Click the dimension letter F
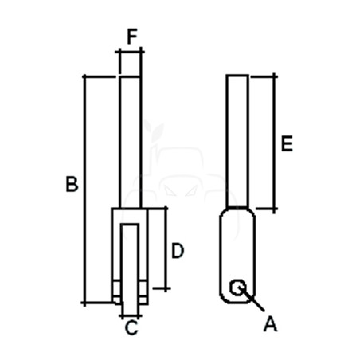[132, 37]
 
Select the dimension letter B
[72, 183]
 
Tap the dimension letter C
[131, 327]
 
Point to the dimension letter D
[178, 251]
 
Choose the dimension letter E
[287, 143]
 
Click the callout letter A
[270, 324]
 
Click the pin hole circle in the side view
[237, 288]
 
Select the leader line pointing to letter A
[252, 299]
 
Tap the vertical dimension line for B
[84, 190]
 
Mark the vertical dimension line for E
[274, 143]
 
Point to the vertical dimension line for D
[166, 248]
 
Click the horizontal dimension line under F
[130, 52]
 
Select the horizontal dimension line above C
[131, 316]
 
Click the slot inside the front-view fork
[130, 268]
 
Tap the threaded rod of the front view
[130, 143]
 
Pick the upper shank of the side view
[237, 141]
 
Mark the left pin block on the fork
[116, 292]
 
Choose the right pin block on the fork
[143, 292]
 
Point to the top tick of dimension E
[274, 76]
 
